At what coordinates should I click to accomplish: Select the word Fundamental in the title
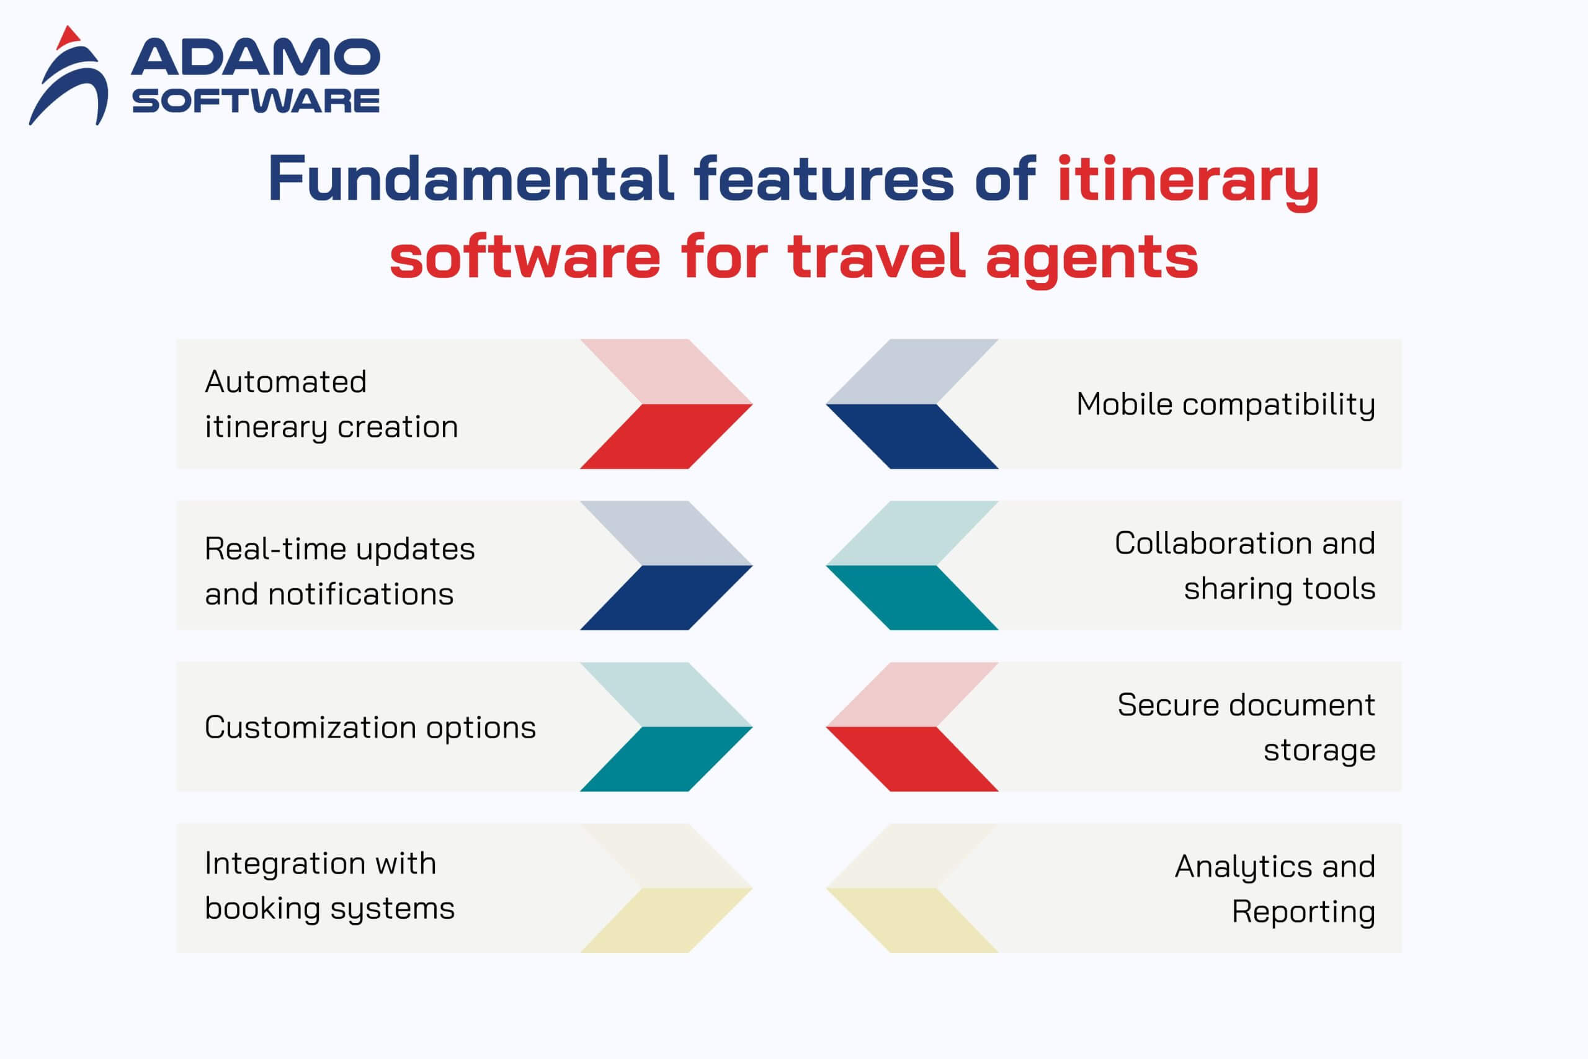471,178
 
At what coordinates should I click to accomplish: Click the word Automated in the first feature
285,382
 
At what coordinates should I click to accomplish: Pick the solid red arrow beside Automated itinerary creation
666,436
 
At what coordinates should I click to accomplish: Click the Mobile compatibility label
1226,404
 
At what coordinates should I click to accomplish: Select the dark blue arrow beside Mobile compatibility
912,436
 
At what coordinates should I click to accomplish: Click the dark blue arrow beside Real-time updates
666,597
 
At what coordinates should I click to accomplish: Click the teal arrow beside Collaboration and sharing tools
912,597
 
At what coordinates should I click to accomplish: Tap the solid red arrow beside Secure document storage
912,759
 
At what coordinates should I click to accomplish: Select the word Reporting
1303,913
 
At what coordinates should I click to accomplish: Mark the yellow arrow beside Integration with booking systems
666,921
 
